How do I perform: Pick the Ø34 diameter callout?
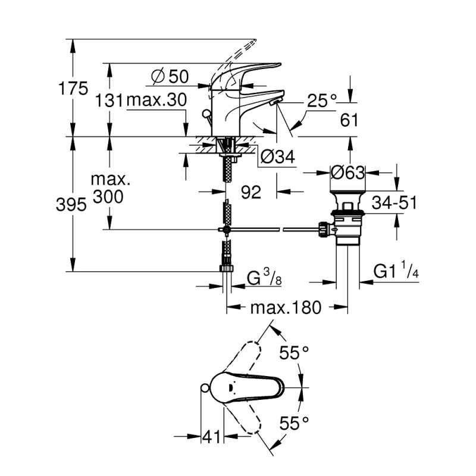pos(278,157)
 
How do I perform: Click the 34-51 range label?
pos(392,202)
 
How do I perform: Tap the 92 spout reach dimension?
pos(253,192)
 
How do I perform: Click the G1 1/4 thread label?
pos(396,273)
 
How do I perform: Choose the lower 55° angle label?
pos(295,424)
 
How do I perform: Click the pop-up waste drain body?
pos(348,223)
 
